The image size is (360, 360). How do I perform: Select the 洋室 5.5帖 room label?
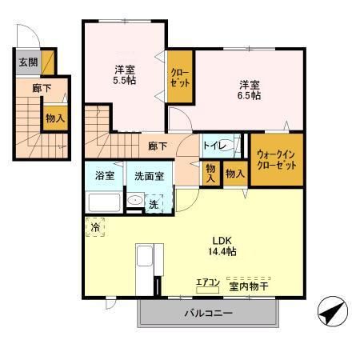[125, 74]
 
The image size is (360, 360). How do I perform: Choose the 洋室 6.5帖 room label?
[249, 90]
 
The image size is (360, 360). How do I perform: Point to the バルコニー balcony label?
[210, 313]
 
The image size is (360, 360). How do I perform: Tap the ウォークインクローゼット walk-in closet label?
[277, 159]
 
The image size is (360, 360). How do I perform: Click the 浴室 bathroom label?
[105, 175]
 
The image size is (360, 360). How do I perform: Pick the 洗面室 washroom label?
[149, 175]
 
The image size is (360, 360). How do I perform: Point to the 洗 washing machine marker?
[154, 203]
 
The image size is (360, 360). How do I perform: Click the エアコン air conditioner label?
[208, 282]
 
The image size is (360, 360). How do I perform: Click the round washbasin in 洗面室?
[136, 202]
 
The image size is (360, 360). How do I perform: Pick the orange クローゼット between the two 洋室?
[179, 77]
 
